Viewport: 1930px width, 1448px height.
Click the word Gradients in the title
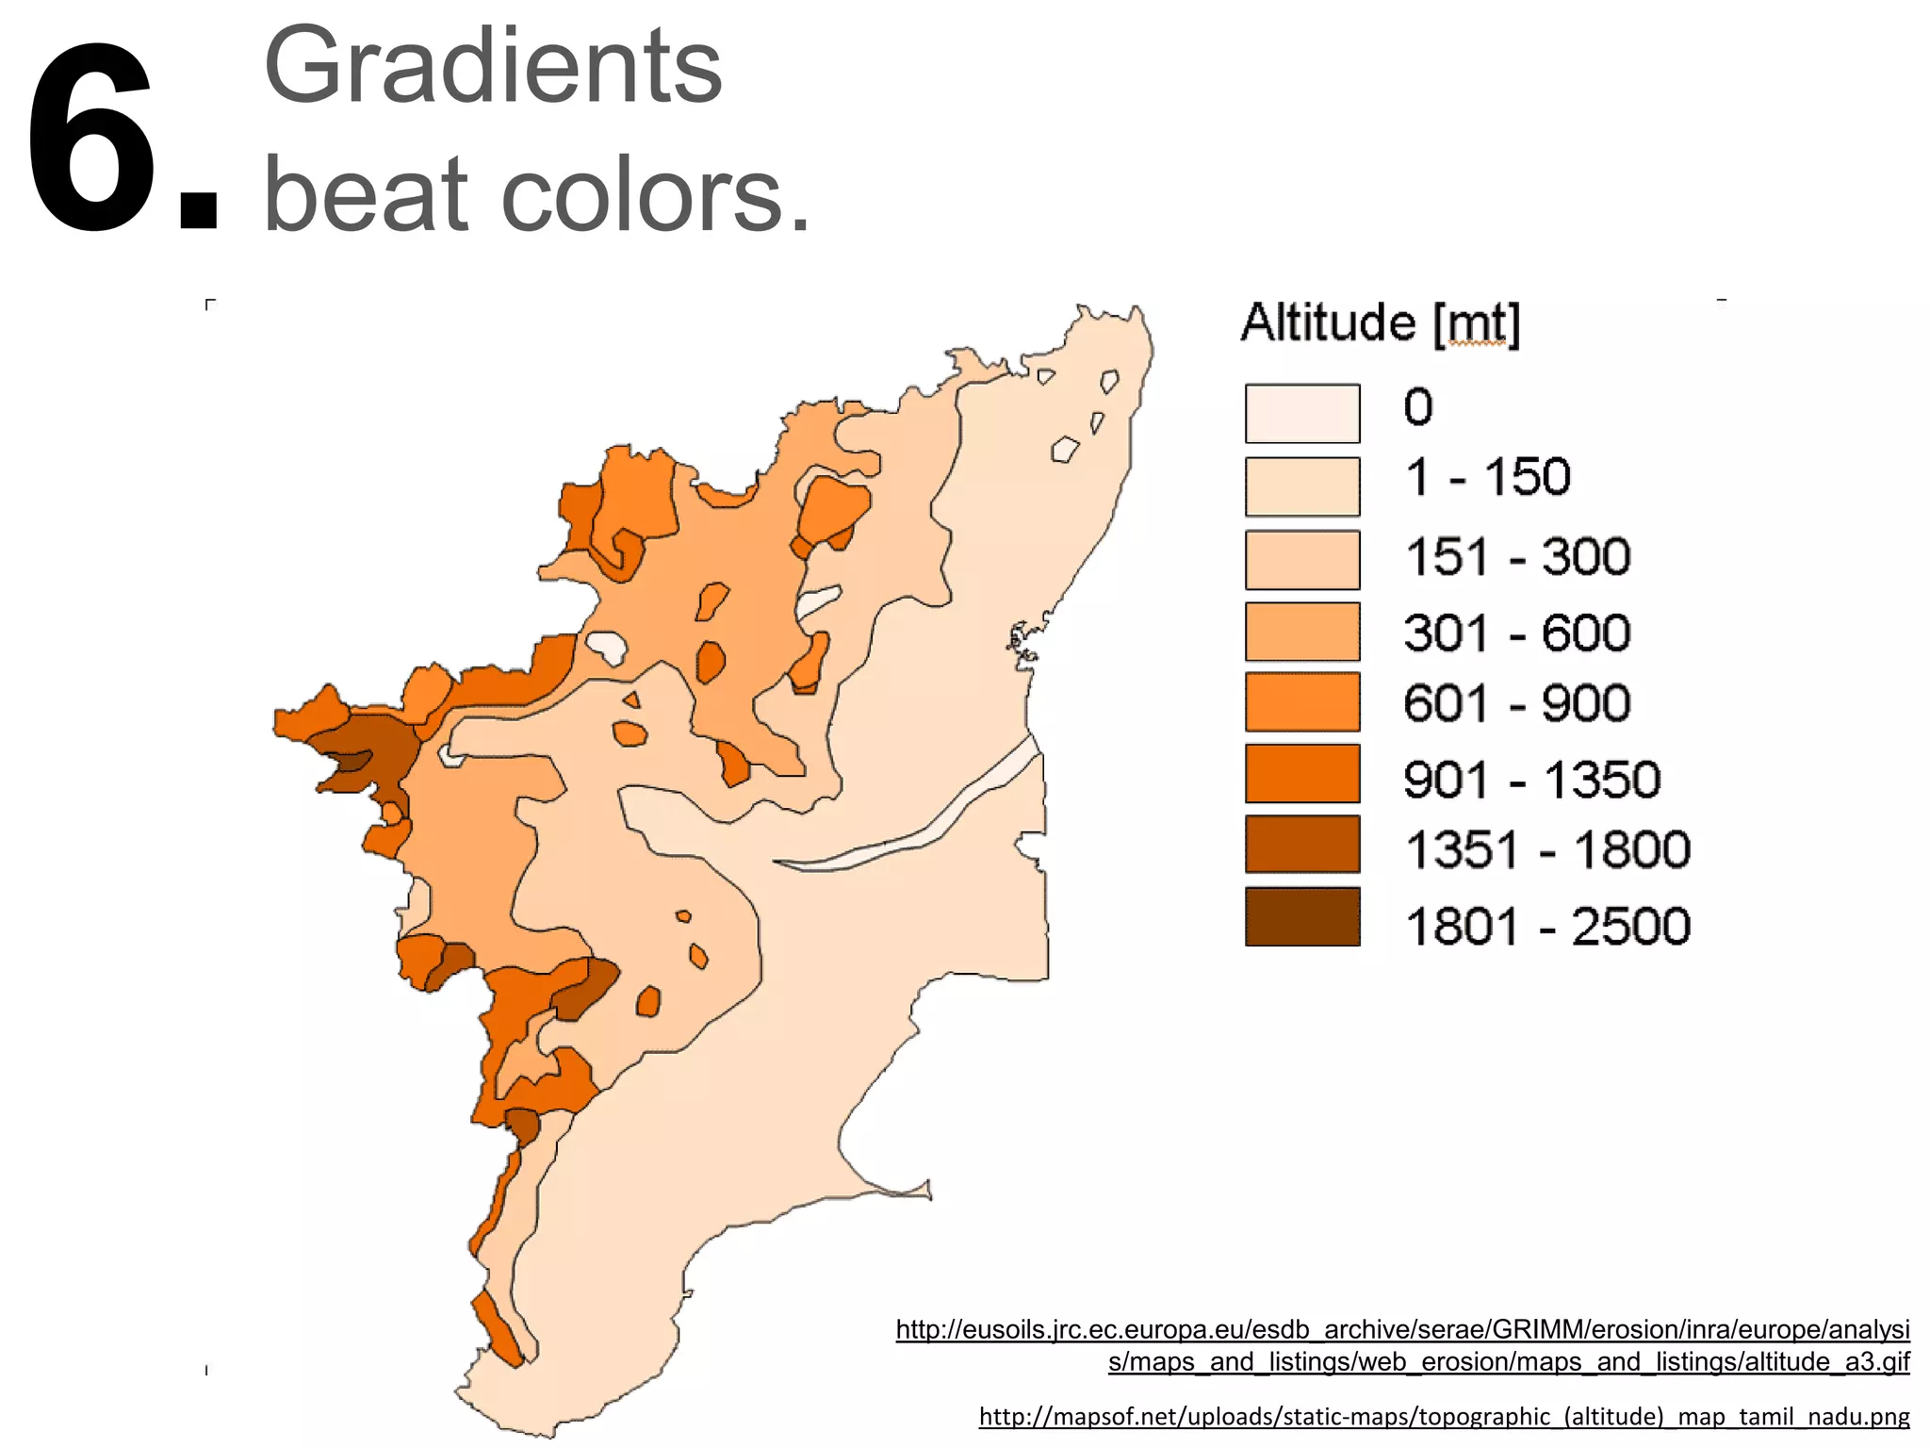pyautogui.click(x=492, y=68)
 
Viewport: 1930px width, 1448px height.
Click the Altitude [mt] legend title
pyautogui.click(x=1380, y=323)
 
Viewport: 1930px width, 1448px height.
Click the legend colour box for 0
pyautogui.click(x=1301, y=413)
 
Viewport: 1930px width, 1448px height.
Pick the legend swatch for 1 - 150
pyautogui.click(x=1301, y=486)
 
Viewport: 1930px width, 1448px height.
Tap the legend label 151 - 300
pyautogui.click(x=1517, y=556)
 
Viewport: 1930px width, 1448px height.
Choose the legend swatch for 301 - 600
pyautogui.click(x=1301, y=632)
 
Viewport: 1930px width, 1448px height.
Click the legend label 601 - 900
pyautogui.click(x=1517, y=703)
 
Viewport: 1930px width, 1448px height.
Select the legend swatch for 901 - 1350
pyautogui.click(x=1301, y=773)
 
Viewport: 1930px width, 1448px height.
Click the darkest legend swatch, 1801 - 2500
pyautogui.click(x=1301, y=916)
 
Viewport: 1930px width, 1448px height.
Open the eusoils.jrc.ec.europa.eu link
pyautogui.click(x=1402, y=1330)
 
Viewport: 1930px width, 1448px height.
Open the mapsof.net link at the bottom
pyautogui.click(x=1444, y=1416)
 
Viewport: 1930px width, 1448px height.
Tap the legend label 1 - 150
pyautogui.click(x=1487, y=477)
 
